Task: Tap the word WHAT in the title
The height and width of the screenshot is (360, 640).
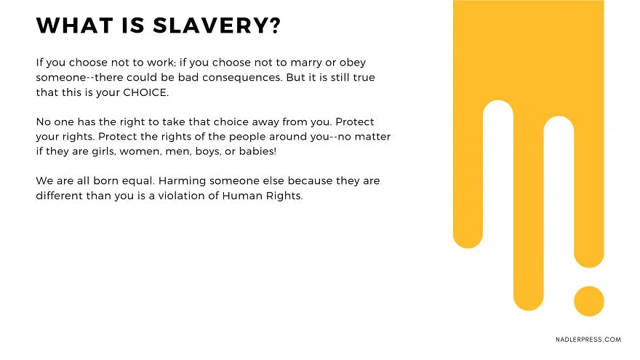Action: tap(74, 25)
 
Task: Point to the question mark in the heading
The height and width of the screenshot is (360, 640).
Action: tap(276, 25)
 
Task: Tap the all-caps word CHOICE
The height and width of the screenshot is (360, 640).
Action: tap(145, 92)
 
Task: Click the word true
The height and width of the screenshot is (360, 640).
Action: tap(364, 78)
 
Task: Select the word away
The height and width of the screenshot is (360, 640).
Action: tap(265, 122)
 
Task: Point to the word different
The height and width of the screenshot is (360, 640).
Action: tap(59, 196)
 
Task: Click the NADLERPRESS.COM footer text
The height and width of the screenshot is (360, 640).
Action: tap(588, 340)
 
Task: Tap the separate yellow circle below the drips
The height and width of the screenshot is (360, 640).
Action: tap(589, 301)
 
